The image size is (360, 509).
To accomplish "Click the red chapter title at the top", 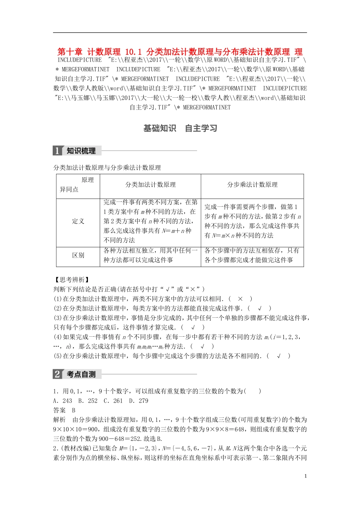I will [180, 52].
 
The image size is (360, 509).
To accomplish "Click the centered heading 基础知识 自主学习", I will [180, 128].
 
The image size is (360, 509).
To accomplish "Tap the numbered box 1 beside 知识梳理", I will [57, 151].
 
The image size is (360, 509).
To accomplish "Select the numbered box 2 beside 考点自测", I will [57, 375].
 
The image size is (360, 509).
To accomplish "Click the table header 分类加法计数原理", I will [150, 185].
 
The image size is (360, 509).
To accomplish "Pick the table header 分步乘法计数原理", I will [252, 185].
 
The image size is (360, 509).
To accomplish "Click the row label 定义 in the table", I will [78, 221].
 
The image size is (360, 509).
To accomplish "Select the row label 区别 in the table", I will [78, 255].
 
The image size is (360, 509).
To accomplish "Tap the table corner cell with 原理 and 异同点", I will [78, 185].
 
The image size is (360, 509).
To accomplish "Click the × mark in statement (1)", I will [240, 299].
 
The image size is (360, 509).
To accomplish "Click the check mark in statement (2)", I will [260, 308].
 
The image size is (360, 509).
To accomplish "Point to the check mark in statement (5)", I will [279, 356].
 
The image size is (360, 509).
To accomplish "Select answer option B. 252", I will [88, 401].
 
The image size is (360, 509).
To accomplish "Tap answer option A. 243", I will [63, 401].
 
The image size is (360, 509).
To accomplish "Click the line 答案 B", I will [64, 410].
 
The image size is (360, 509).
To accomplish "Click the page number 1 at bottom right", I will [305, 476].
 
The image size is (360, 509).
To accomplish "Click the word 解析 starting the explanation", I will [59, 420].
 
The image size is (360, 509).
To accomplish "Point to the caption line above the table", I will [107, 168].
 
